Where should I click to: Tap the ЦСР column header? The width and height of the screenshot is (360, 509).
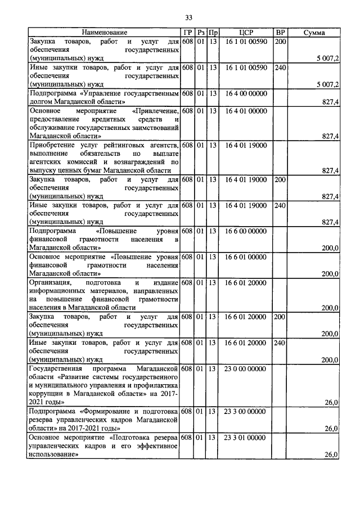click(x=245, y=33)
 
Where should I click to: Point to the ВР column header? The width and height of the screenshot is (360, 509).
click(x=280, y=33)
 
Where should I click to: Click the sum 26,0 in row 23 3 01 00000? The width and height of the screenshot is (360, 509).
click(x=331, y=454)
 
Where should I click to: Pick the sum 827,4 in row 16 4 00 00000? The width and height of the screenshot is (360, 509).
click(x=329, y=102)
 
